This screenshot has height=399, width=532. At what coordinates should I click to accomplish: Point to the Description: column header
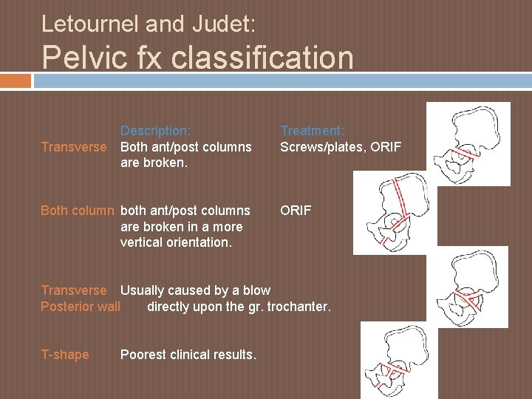pos(156,131)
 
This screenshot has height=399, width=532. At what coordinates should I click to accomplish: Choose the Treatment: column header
pos(312,131)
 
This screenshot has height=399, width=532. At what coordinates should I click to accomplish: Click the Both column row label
pos(78,211)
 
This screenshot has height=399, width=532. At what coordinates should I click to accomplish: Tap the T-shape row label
pos(65,355)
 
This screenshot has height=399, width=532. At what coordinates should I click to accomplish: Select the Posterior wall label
pos(80,306)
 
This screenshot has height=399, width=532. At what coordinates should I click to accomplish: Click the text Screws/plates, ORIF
pos(341,146)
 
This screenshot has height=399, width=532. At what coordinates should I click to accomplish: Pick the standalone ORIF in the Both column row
pos(295,211)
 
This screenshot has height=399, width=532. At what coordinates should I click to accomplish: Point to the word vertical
pos(143,242)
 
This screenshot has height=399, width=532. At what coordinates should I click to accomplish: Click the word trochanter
pos(298,306)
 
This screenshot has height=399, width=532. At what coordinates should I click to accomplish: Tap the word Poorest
pos(145,355)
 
